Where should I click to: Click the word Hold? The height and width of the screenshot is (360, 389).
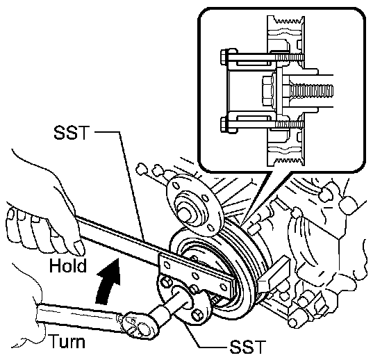click(x=68, y=265)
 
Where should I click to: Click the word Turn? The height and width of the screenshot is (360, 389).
click(x=67, y=341)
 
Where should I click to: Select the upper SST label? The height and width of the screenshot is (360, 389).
click(x=71, y=132)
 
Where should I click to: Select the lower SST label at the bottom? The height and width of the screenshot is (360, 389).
click(x=247, y=346)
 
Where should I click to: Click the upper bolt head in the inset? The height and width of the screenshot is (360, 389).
click(x=229, y=58)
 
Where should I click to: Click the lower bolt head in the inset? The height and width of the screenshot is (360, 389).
click(x=228, y=125)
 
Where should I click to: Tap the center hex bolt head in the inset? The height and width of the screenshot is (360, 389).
click(x=268, y=92)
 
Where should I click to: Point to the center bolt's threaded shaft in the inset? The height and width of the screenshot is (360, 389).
click(x=311, y=92)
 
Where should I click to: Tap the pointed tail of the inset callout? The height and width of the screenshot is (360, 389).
click(x=245, y=218)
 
